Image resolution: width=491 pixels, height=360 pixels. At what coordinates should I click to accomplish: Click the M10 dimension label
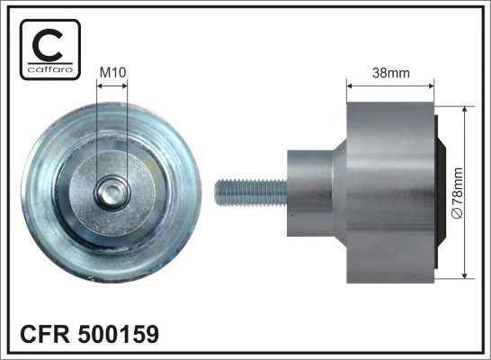click(112, 72)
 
